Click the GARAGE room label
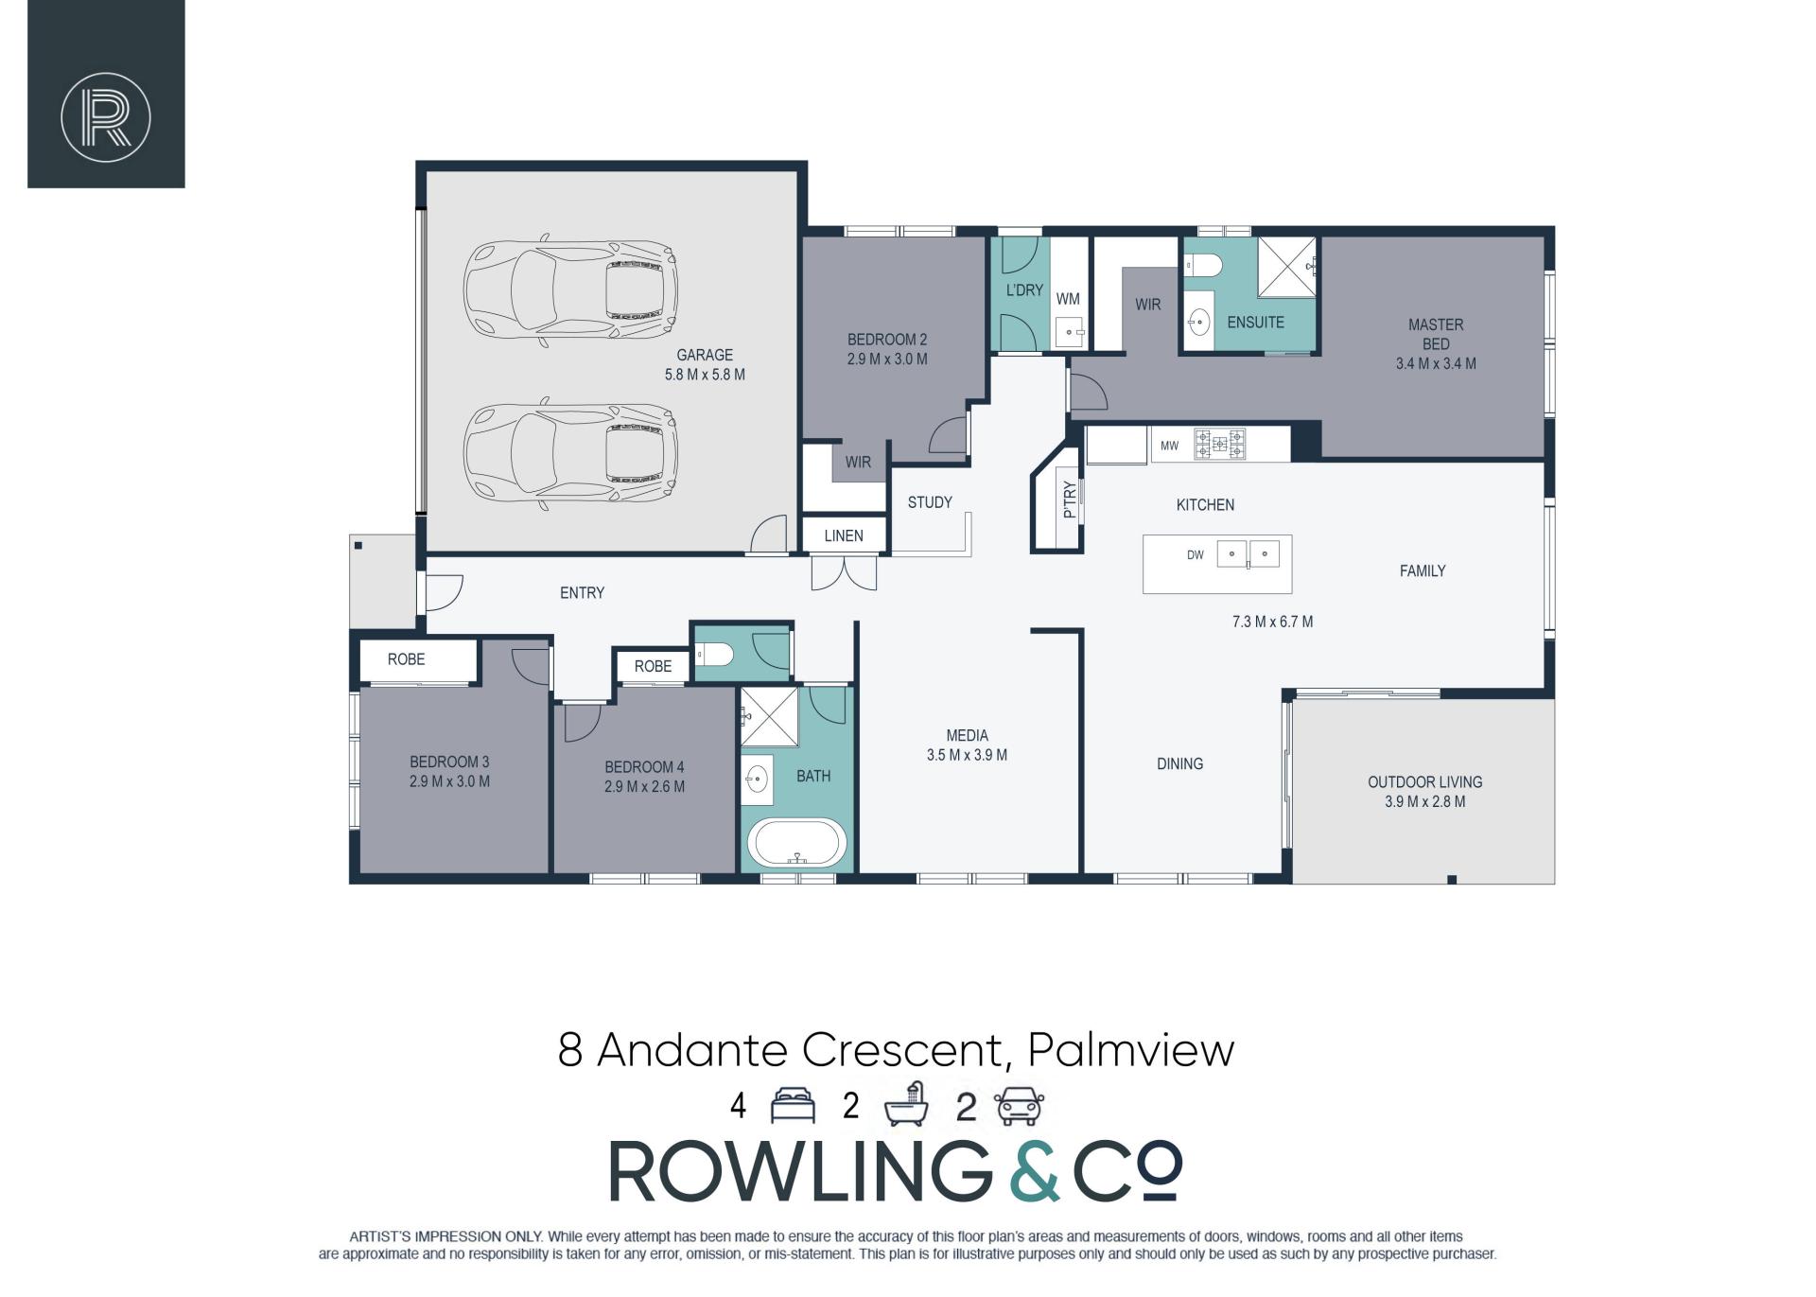pyautogui.click(x=705, y=355)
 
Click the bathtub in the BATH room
pyautogui.click(x=797, y=843)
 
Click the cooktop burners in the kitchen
pyautogui.click(x=1220, y=444)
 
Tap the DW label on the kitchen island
pyautogui.click(x=1196, y=555)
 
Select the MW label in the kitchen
pyautogui.click(x=1170, y=446)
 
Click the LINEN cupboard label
pyautogui.click(x=844, y=535)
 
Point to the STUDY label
pyautogui.click(x=930, y=502)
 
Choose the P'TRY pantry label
pyautogui.click(x=1070, y=500)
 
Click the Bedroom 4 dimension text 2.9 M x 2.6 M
pyautogui.click(x=644, y=786)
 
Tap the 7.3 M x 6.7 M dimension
pyautogui.click(x=1272, y=622)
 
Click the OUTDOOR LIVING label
pyautogui.click(x=1424, y=782)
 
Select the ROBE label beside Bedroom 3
pyautogui.click(x=406, y=659)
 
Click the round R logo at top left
pyautogui.click(x=106, y=117)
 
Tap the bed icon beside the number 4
pyautogui.click(x=793, y=1106)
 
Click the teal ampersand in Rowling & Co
pyautogui.click(x=1034, y=1170)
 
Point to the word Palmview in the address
pyautogui.click(x=1130, y=1050)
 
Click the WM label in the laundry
pyautogui.click(x=1068, y=299)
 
